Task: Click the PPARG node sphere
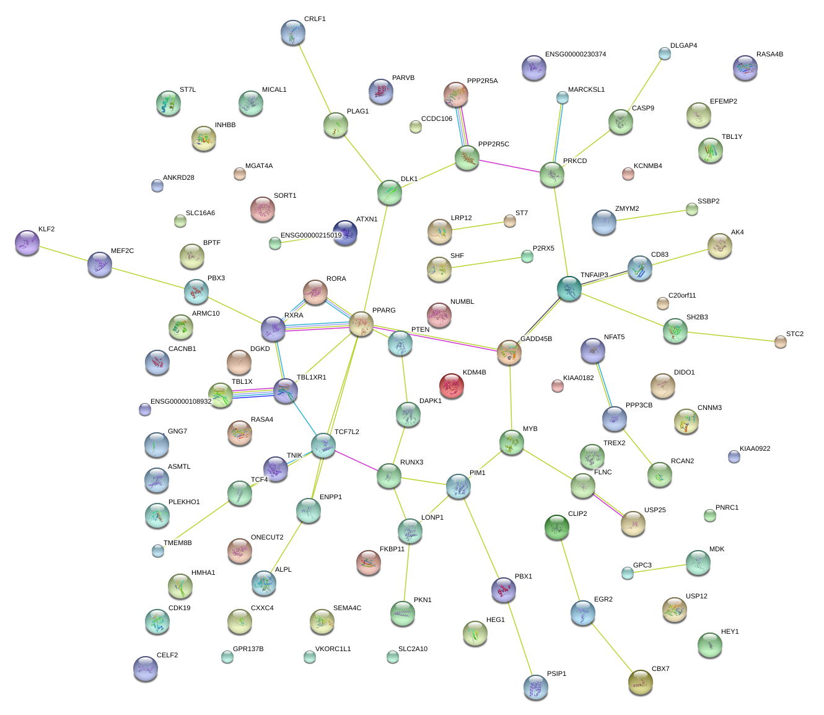[x=361, y=324]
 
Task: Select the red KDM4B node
[x=452, y=386]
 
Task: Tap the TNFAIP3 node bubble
[x=569, y=288]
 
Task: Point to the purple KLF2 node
[x=27, y=242]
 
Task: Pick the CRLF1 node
[x=293, y=32]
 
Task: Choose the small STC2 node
[x=781, y=342]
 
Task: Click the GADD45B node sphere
[x=509, y=352]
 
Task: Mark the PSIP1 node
[x=536, y=687]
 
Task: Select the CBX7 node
[x=641, y=682]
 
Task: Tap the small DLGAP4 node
[x=664, y=54]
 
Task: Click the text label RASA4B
[x=769, y=55]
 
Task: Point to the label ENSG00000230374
[x=576, y=55]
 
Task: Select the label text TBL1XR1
[x=311, y=378]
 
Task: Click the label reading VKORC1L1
[x=333, y=649]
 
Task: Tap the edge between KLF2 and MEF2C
[x=63, y=254]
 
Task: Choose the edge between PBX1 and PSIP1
[x=519, y=638]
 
